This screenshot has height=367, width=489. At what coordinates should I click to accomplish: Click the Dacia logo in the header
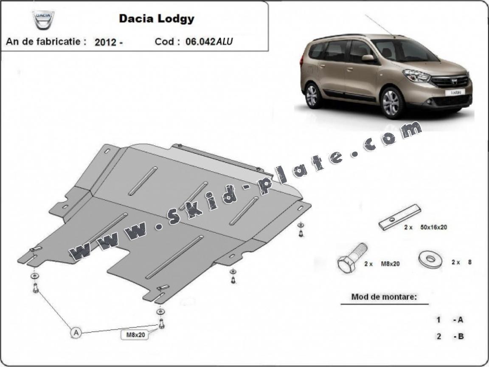pos(44,20)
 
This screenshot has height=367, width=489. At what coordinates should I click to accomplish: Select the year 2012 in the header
pos(106,42)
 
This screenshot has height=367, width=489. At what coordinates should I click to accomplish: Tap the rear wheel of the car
pos(312,95)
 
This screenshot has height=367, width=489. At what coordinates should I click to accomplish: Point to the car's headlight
pos(417,76)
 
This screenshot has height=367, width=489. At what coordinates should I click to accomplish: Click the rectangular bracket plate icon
pos(401,217)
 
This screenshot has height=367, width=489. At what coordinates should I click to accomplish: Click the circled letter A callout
pos(76,333)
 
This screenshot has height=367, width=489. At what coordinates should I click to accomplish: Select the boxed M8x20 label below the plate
pos(135,335)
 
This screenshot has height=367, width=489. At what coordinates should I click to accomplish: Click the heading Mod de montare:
pos(384,297)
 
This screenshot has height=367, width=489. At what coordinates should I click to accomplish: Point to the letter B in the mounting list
pos(460,336)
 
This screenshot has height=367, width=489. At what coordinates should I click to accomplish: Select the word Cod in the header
pos(164,42)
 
